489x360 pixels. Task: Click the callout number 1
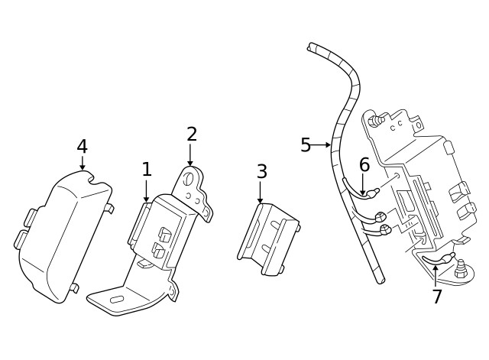pyautogui.click(x=147, y=170)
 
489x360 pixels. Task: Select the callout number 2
pyautogui.click(x=191, y=135)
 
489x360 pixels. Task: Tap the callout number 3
pyautogui.click(x=261, y=172)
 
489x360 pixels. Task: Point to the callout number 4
pyautogui.click(x=82, y=146)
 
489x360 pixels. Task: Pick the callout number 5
pyautogui.click(x=306, y=144)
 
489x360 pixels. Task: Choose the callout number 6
pyautogui.click(x=364, y=164)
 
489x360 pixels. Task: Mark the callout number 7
pyautogui.click(x=437, y=297)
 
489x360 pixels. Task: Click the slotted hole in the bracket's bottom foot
pyautogui.click(x=116, y=300)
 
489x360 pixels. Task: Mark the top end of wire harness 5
pyautogui.click(x=311, y=47)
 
